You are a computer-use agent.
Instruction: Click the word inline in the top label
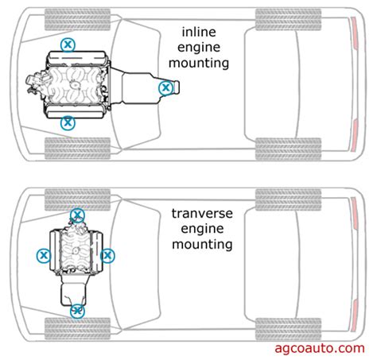tap(199, 32)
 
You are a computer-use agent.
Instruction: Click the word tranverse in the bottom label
tap(202, 214)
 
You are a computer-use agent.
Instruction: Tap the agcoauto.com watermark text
tap(320, 348)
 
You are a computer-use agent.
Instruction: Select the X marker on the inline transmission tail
tap(166, 87)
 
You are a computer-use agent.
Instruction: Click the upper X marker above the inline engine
tap(68, 45)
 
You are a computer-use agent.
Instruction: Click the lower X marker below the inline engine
tap(68, 122)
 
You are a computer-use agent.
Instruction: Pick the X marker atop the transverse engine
tap(77, 215)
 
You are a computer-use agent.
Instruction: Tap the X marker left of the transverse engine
tap(44, 256)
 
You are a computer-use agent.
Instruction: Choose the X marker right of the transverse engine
tap(107, 256)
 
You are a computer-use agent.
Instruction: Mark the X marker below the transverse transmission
tap(77, 312)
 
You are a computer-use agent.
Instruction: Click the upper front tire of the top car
tap(77, 19)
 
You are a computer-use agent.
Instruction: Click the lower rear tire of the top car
tap(288, 149)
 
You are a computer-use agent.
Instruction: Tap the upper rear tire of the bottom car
tap(288, 199)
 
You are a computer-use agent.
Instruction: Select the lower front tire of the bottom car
tap(77, 329)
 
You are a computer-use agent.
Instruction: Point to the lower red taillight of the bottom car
tap(355, 316)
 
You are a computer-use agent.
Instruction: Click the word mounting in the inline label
tap(199, 64)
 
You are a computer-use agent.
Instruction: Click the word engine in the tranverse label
tap(202, 229)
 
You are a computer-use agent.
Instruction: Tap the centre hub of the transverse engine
tap(76, 250)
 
